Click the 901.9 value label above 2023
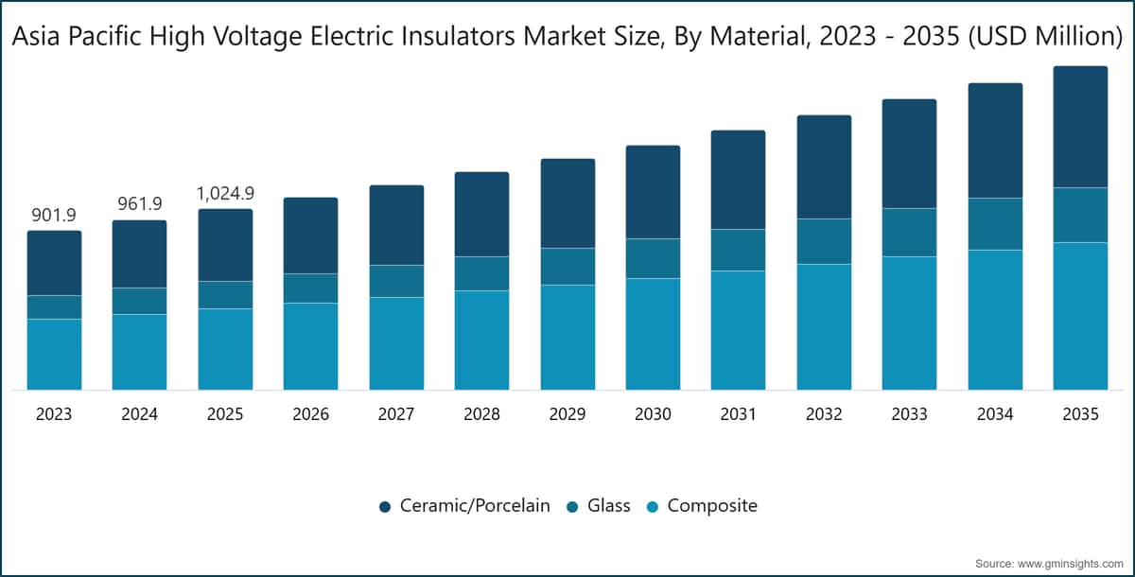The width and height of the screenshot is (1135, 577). tap(54, 216)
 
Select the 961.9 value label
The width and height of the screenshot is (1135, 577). tap(140, 203)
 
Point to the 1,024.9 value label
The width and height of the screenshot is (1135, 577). tap(225, 193)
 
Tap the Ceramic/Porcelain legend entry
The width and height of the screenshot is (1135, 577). tap(464, 505)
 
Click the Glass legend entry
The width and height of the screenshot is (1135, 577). tap(599, 505)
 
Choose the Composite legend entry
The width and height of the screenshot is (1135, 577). tap(702, 505)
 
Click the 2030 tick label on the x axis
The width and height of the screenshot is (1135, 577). tap(653, 414)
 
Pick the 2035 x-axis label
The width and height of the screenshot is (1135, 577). tap(1080, 414)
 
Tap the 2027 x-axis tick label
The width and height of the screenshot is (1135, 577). tap(396, 414)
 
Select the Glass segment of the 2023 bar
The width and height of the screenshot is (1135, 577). tap(54, 307)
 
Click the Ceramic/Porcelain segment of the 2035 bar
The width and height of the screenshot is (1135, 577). tap(1080, 127)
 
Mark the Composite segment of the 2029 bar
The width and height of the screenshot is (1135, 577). tap(567, 338)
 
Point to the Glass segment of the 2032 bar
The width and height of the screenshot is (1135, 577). tap(824, 241)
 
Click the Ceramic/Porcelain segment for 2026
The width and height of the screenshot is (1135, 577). tap(310, 236)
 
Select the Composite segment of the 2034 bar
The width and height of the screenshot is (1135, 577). tap(995, 320)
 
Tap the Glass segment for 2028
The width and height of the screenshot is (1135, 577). tap(481, 273)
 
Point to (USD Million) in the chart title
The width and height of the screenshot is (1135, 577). tap(1045, 37)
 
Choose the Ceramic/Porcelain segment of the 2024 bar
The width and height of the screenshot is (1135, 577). tap(139, 254)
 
